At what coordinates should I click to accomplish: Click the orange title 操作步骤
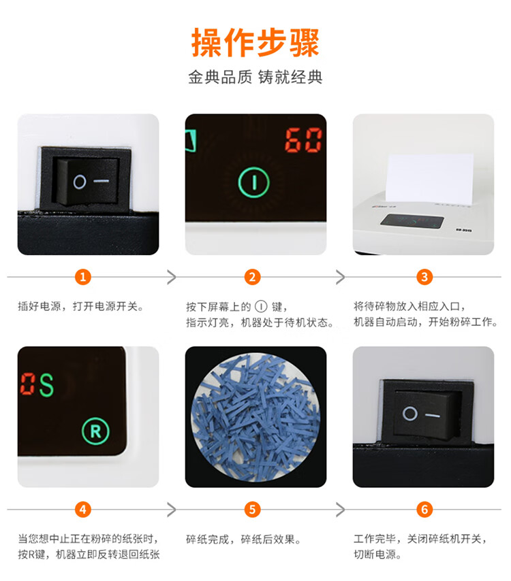255,43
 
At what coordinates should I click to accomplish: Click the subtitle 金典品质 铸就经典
255,77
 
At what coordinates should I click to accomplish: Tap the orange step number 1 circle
82,277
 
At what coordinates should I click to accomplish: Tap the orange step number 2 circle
252,277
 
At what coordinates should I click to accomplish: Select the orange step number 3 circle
424,277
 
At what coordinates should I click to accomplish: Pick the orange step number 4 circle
82,510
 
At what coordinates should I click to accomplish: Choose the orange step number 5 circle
252,510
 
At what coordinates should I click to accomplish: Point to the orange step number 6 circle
424,510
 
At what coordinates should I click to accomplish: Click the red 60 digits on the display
303,139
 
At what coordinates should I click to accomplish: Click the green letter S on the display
47,385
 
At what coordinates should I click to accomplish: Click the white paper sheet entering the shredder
430,178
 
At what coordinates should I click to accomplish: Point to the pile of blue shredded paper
255,417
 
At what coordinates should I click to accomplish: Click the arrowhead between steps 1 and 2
172,277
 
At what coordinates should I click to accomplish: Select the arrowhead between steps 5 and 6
340,510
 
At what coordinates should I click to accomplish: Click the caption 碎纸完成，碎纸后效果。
243,539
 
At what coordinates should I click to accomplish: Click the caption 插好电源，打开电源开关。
81,306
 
